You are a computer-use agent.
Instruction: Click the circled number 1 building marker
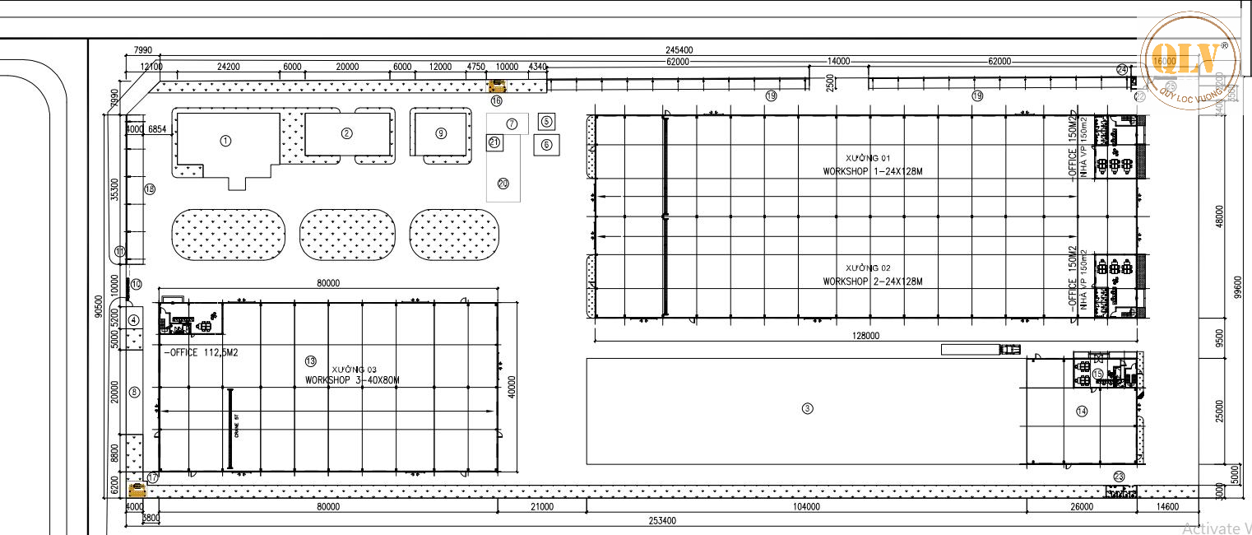[x=225, y=141]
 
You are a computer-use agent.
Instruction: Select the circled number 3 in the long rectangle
[x=807, y=407]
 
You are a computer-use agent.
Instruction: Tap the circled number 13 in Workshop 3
[x=310, y=361]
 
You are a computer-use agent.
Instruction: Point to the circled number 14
[x=1081, y=411]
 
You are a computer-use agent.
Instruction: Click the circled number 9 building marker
[x=441, y=133]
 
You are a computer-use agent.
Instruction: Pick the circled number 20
[x=503, y=184]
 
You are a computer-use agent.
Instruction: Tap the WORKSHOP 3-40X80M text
[x=352, y=380]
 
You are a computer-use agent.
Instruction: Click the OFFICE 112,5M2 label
[x=202, y=352]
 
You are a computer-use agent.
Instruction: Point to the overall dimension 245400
[x=679, y=50]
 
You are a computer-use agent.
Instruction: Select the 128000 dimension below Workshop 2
[x=866, y=336]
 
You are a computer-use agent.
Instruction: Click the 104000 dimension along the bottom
[x=806, y=507]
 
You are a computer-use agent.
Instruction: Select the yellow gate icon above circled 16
[x=497, y=85]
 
